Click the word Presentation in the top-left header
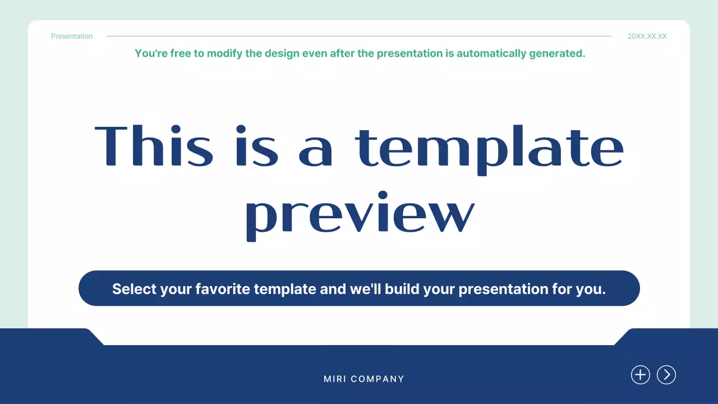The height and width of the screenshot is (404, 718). (72, 36)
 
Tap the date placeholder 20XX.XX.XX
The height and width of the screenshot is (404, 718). (647, 36)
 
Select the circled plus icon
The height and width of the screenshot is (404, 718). (641, 375)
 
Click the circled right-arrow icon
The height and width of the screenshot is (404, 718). (666, 375)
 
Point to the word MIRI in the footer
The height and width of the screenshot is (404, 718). (334, 379)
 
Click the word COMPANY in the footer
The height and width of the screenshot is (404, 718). (378, 379)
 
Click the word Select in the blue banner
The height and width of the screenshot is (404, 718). (134, 289)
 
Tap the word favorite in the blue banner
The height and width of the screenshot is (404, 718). (222, 289)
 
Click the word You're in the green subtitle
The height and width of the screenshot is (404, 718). (150, 54)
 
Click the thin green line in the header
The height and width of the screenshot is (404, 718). (359, 36)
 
